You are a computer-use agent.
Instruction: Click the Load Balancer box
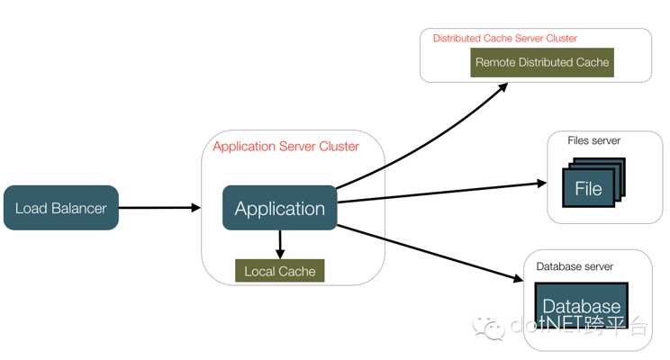click(x=61, y=208)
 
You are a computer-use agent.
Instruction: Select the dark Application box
click(x=280, y=208)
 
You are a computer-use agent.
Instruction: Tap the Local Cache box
click(x=280, y=271)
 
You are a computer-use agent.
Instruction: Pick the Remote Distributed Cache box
click(x=542, y=62)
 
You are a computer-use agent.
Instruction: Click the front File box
click(x=588, y=188)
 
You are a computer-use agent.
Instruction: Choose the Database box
click(x=582, y=305)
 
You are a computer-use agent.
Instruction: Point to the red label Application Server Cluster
click(x=285, y=147)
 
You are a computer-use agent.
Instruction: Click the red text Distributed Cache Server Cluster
click(x=505, y=39)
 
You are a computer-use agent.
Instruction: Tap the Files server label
click(x=594, y=140)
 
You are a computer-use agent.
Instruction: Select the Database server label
click(x=575, y=266)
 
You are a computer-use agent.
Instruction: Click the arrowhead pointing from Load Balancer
click(x=196, y=208)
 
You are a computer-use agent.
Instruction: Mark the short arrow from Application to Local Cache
click(x=280, y=245)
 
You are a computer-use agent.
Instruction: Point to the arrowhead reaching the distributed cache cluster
click(x=502, y=87)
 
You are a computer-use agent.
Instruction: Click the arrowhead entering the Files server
click(x=542, y=184)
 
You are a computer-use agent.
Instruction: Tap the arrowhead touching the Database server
click(x=519, y=278)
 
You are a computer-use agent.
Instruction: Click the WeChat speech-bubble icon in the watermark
click(x=488, y=328)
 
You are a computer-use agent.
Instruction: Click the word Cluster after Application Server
click(x=340, y=147)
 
